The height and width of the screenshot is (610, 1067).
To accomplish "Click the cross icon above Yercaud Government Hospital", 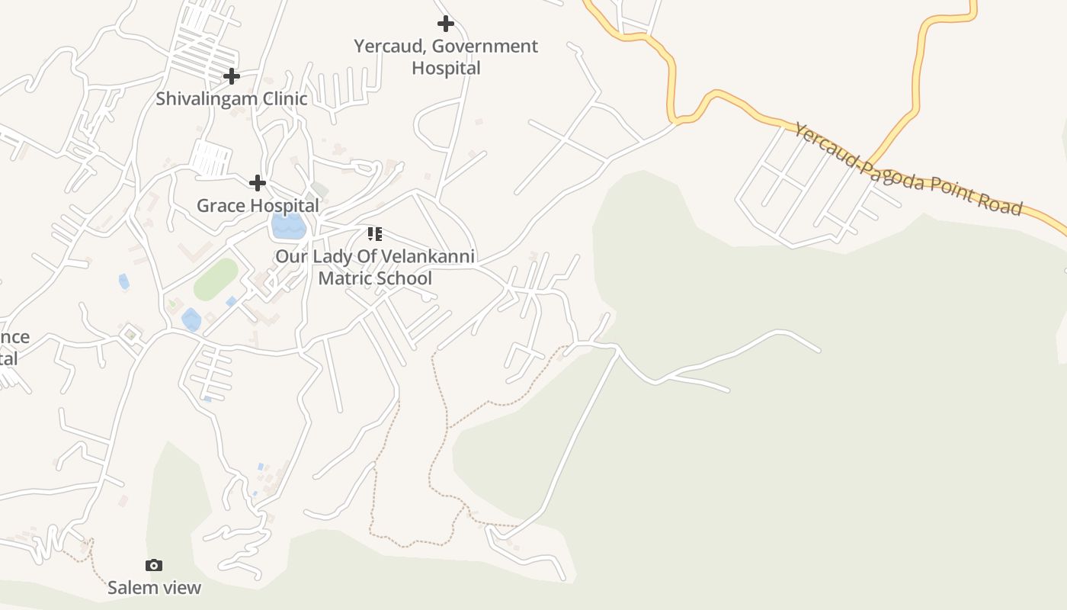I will tap(446, 24).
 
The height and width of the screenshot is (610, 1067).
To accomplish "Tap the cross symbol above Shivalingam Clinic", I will tap(231, 76).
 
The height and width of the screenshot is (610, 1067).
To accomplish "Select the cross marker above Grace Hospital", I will tap(258, 183).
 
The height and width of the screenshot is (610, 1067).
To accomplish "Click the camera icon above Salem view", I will tap(154, 565).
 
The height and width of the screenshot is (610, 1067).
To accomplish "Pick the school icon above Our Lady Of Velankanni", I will tap(374, 233).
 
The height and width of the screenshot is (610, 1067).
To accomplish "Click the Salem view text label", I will tap(154, 587).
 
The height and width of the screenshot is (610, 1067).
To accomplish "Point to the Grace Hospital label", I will tap(258, 205).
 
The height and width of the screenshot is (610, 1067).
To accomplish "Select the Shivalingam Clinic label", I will tap(232, 98).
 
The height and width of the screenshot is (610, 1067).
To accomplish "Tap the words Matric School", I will tap(375, 278).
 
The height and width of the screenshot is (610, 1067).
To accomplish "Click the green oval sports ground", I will tap(216, 279).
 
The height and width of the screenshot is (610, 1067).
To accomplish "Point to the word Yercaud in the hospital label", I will tap(389, 47).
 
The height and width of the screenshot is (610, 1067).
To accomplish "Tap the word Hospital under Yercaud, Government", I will tap(446, 69).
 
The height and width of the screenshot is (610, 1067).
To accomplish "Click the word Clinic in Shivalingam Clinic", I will tap(284, 98).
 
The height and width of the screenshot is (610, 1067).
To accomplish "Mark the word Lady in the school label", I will tap(335, 256).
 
